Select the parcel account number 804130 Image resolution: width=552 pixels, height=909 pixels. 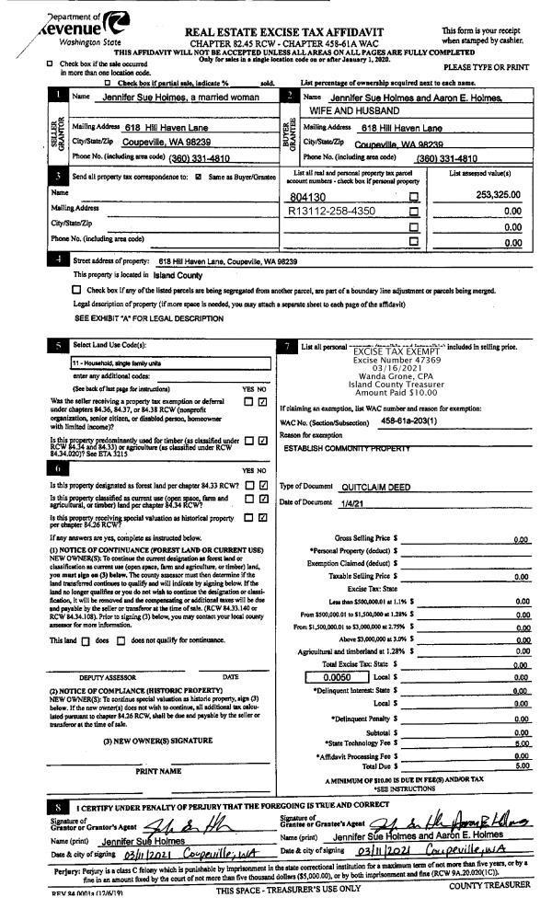309,196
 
